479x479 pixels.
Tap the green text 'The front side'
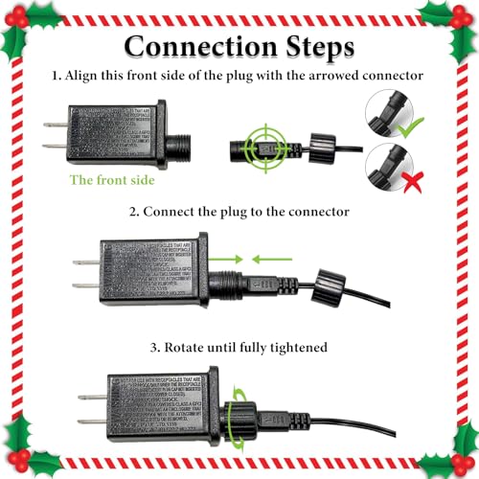[107, 179]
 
